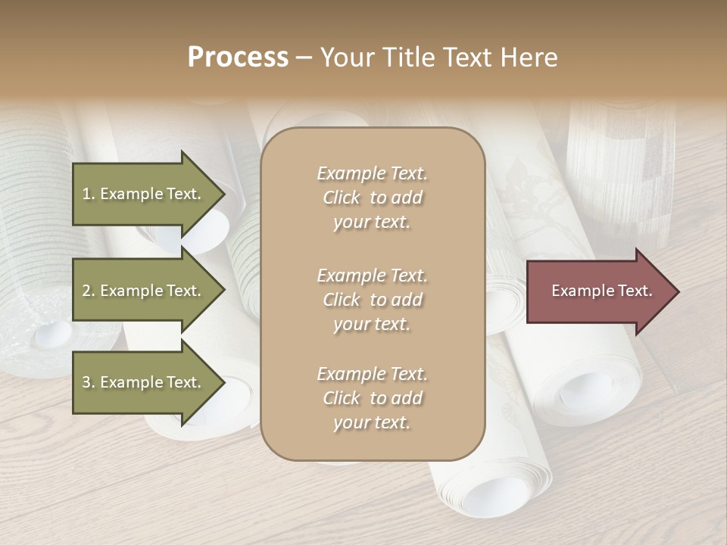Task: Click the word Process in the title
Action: click(x=238, y=58)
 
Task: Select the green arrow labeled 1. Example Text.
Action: click(x=144, y=194)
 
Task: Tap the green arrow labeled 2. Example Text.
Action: click(x=144, y=291)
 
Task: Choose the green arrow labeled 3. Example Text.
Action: click(x=144, y=382)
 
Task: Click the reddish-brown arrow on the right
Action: click(x=598, y=291)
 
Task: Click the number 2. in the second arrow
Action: click(x=89, y=291)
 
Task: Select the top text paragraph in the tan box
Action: click(x=372, y=198)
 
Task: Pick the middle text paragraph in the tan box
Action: click(x=372, y=300)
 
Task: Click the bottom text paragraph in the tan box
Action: click(x=372, y=398)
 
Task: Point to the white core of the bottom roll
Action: click(x=496, y=500)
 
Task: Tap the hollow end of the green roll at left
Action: click(x=53, y=333)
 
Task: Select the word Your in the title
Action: click(x=346, y=58)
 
